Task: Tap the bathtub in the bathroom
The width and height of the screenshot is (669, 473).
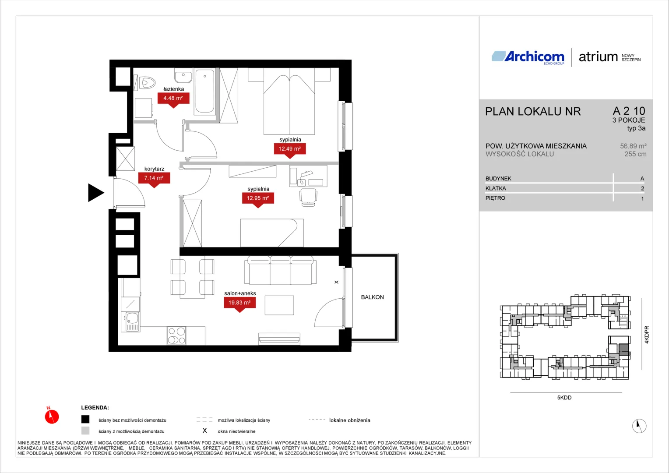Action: (x=204, y=92)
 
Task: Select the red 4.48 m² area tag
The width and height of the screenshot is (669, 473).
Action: (x=173, y=100)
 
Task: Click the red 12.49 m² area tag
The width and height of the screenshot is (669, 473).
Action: (x=290, y=150)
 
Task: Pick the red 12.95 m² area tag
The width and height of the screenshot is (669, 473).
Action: (x=258, y=200)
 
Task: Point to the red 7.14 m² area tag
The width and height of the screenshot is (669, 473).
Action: (x=154, y=180)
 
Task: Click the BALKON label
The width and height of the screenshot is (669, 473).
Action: (x=373, y=297)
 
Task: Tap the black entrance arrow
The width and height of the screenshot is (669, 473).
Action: (x=96, y=193)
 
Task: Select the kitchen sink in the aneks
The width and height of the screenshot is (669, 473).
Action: (x=130, y=322)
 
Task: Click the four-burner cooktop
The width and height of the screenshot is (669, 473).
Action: (x=176, y=335)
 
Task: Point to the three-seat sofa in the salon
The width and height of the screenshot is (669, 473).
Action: (x=280, y=270)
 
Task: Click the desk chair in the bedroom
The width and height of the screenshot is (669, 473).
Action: (x=308, y=197)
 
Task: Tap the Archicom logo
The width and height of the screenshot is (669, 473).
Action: (x=528, y=57)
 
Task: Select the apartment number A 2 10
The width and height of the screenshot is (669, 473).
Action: (x=629, y=111)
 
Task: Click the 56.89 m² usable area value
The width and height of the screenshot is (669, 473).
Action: (x=633, y=146)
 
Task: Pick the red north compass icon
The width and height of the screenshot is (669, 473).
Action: (x=52, y=416)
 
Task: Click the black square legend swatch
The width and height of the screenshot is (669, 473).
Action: (x=85, y=419)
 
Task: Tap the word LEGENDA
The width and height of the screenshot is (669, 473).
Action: (x=95, y=408)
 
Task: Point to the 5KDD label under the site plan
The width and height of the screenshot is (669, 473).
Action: (x=564, y=398)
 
